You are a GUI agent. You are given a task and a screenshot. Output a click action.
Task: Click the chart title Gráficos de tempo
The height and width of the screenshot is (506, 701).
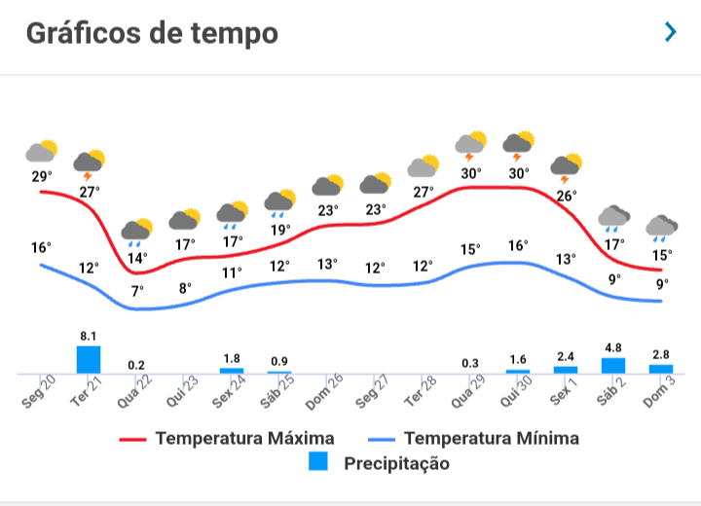point(152,33)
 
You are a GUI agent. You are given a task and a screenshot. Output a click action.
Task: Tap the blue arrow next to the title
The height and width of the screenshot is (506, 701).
point(670,32)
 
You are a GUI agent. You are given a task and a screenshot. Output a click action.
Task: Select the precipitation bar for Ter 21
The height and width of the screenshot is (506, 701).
point(89,359)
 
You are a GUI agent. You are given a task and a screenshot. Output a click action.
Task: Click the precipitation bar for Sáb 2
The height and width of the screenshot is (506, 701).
point(613,365)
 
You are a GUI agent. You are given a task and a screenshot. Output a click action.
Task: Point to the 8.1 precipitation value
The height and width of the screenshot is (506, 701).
point(89,335)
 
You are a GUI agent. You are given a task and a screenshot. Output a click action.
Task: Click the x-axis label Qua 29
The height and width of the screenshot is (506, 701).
point(470,391)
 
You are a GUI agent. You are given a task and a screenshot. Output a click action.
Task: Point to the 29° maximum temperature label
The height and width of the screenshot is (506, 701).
point(41,176)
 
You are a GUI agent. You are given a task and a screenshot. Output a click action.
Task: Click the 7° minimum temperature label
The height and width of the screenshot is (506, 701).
point(137,291)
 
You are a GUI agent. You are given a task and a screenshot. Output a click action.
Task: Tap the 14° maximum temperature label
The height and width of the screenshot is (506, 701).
point(137,258)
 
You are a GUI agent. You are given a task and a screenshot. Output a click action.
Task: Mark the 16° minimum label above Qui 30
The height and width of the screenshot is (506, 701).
point(518,246)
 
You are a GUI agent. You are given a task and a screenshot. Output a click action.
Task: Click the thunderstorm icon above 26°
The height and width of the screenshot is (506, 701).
point(566,168)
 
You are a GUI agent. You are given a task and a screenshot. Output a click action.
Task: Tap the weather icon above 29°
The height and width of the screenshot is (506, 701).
point(41,151)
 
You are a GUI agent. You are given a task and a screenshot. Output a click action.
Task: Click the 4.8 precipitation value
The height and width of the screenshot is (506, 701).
point(613,346)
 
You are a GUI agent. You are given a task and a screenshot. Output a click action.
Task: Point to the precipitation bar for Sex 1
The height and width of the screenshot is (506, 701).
point(566,369)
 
